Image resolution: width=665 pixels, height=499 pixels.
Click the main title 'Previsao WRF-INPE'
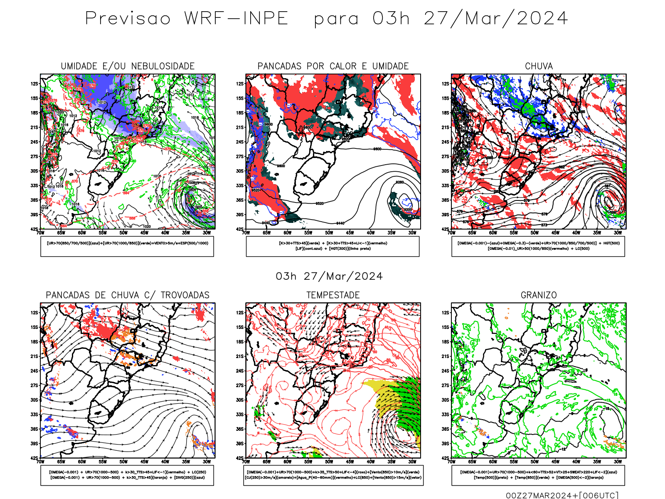[187, 19]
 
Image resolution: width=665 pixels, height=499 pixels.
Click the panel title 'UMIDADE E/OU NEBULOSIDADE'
[128, 66]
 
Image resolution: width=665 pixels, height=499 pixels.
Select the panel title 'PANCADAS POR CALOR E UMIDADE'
[333, 66]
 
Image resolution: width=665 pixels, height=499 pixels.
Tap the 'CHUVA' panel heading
[539, 66]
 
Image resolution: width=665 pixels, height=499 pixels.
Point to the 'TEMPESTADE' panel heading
[333, 295]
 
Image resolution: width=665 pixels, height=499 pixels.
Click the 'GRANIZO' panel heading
[539, 295]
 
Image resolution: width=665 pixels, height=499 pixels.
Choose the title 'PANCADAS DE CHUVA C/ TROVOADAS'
[128, 295]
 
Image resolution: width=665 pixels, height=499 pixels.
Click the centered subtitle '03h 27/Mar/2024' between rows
[329, 277]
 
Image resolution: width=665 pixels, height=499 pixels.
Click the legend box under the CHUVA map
[538, 246]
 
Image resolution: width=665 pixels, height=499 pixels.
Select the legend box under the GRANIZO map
[538, 475]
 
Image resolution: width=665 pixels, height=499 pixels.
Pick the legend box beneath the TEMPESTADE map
[332, 475]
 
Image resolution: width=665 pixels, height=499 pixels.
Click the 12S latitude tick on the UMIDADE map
[34, 84]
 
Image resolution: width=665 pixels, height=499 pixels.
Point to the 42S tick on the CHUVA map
[445, 229]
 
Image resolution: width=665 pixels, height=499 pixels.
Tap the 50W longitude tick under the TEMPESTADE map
[329, 462]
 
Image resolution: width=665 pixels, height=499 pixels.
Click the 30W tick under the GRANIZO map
[618, 462]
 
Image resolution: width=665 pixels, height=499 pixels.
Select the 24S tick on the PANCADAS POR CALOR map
[240, 142]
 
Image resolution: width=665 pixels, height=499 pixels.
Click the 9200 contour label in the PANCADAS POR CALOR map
[408, 210]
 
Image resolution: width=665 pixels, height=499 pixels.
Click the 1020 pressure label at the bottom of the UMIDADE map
[146, 227]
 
